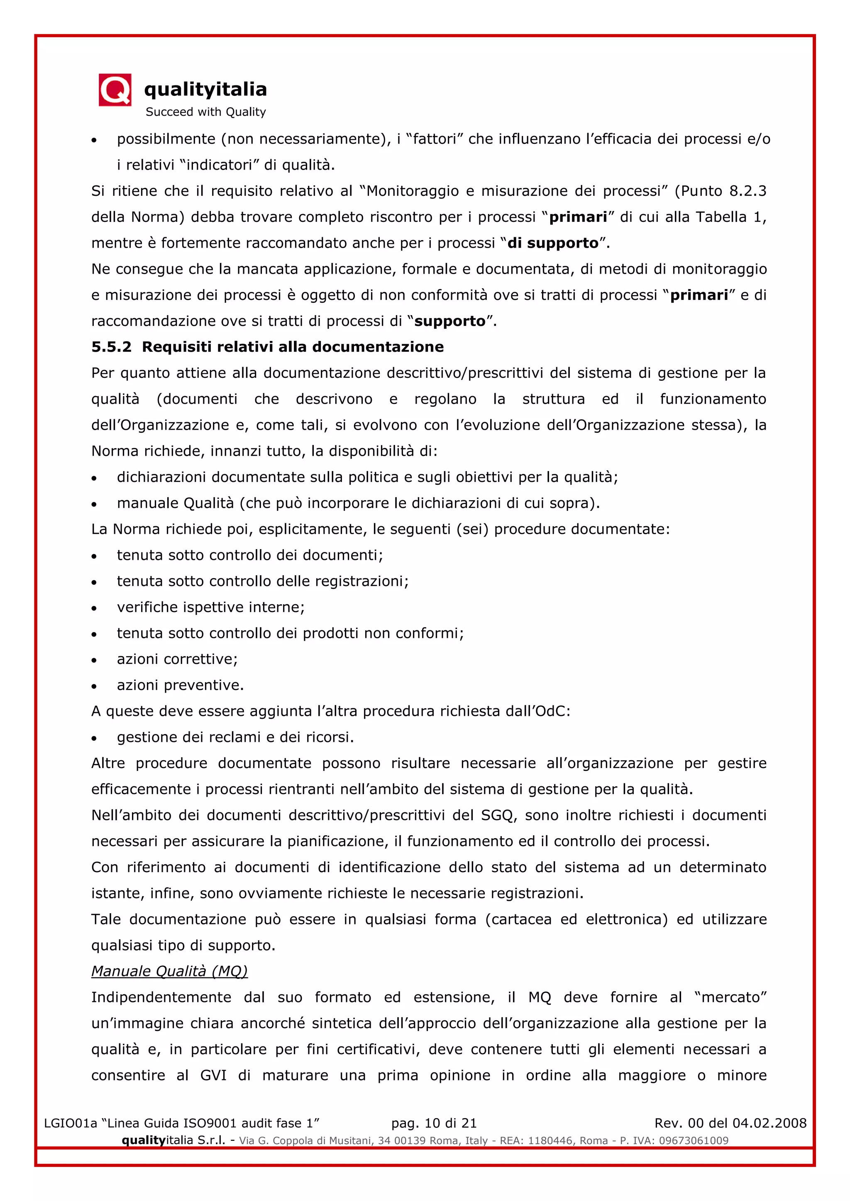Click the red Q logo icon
coord(115,90)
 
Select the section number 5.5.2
coord(111,347)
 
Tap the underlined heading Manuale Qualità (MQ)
coord(169,971)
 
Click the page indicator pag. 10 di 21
coord(434,1123)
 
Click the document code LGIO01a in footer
coord(70,1123)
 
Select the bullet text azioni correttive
coord(177,659)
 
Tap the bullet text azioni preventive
coord(180,685)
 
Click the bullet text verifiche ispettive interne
coord(210,607)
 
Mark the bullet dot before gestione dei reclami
coord(94,738)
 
